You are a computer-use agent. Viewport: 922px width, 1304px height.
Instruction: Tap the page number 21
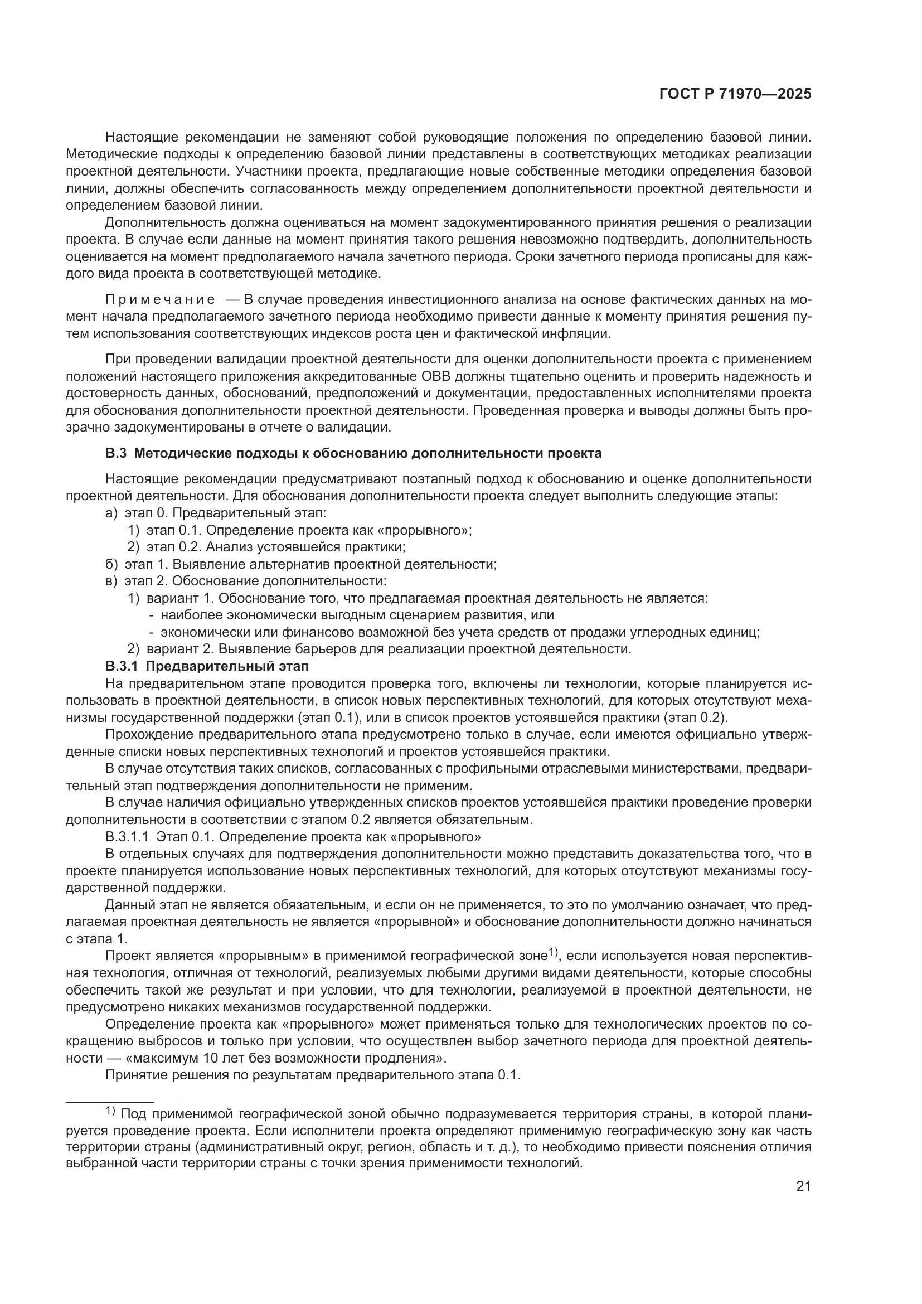click(803, 1186)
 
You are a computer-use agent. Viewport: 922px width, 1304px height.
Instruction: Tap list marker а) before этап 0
click(111, 513)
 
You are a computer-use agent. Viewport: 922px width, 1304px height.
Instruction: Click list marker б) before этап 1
click(111, 564)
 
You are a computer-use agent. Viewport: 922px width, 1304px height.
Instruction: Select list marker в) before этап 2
click(111, 581)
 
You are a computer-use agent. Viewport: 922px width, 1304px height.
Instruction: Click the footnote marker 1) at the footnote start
click(110, 1111)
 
